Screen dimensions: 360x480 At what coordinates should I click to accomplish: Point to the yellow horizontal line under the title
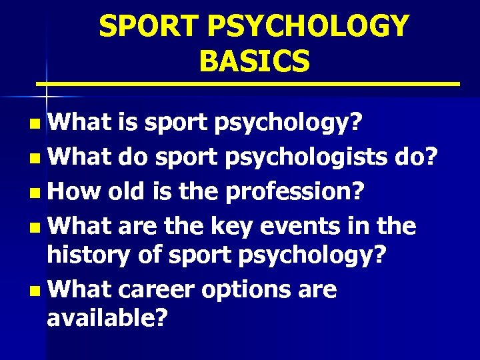click(247, 85)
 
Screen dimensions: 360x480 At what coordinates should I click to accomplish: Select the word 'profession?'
click(295, 193)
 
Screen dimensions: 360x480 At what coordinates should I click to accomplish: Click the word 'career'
click(163, 290)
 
